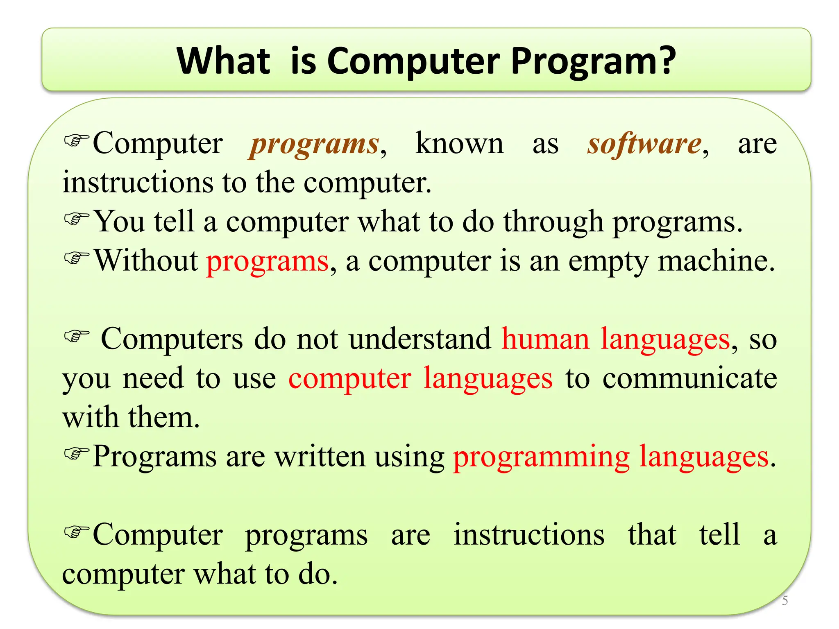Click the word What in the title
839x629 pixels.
click(223, 61)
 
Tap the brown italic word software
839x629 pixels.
click(644, 144)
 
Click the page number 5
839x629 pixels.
click(785, 601)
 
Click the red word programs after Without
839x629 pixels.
click(267, 261)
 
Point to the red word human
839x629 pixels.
click(545, 339)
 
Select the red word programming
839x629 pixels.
click(541, 457)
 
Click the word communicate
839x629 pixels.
click(689, 378)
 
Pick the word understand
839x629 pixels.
click(420, 339)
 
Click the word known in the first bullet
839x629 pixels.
click(459, 144)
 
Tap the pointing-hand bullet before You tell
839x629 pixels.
click(77, 219)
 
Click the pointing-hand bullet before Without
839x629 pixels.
click(77, 258)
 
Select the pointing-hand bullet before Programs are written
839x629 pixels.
click(77, 453)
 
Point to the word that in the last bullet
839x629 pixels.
click(652, 534)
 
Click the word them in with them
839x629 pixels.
click(164, 417)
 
